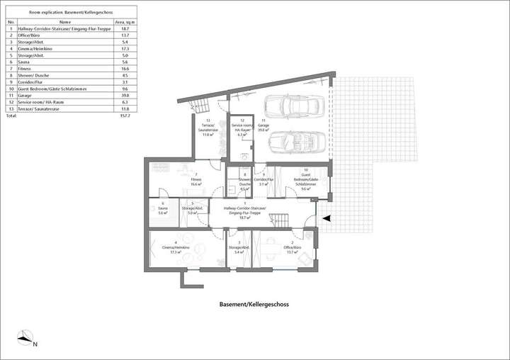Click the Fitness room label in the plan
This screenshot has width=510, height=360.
point(196,182)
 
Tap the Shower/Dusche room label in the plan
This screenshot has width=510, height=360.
point(244,181)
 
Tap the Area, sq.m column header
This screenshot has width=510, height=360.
point(125,23)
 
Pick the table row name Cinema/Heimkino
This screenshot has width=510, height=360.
point(35,49)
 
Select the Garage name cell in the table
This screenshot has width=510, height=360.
point(25,95)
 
